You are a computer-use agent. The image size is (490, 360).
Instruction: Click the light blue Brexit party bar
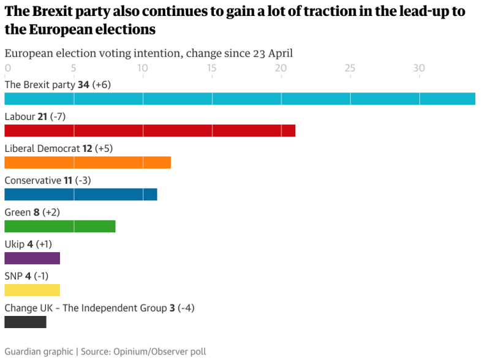click(239, 99)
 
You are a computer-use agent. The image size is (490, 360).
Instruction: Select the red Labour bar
click(149, 130)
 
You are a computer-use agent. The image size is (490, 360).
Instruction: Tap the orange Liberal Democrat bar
click(88, 162)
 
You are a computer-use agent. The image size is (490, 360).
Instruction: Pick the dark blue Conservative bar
click(80, 194)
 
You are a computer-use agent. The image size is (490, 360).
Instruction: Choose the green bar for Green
click(59, 226)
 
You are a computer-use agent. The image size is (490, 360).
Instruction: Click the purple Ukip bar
click(32, 258)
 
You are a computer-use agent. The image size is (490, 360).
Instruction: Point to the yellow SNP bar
click(32, 290)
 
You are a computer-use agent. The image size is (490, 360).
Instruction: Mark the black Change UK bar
click(25, 321)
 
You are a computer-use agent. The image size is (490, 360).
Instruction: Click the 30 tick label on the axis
click(419, 68)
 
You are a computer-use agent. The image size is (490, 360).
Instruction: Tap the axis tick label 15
click(212, 68)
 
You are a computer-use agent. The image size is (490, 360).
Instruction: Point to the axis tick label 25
click(350, 68)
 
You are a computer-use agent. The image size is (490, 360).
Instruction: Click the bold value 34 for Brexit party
click(84, 84)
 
